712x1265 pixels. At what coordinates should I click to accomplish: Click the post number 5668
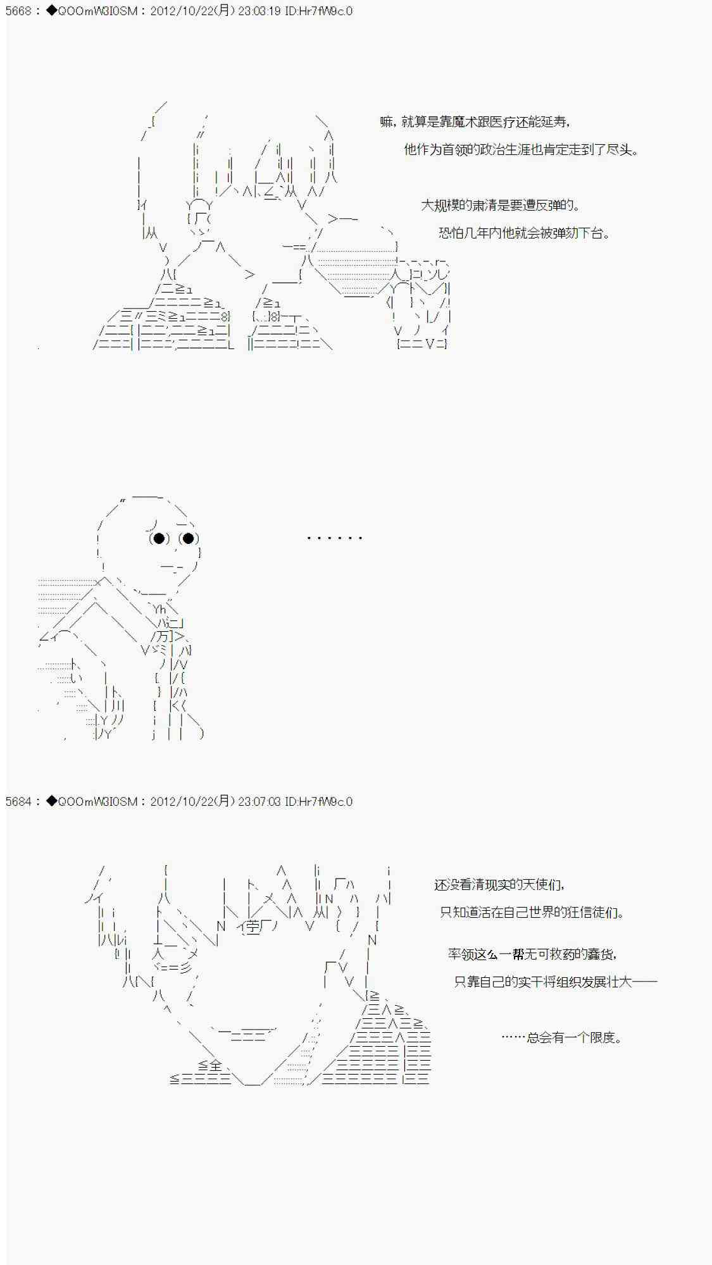click(18, 11)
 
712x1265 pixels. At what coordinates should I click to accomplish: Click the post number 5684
click(18, 802)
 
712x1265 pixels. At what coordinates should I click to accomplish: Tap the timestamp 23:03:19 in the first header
click(259, 11)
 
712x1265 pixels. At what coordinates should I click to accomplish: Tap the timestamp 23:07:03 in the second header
click(259, 802)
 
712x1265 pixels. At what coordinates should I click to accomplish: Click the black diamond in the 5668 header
click(51, 11)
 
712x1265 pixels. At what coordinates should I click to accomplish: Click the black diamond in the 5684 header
click(51, 802)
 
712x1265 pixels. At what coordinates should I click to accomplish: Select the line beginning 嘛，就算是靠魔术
click(475, 122)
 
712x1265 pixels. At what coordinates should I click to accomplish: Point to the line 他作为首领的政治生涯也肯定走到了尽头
click(522, 150)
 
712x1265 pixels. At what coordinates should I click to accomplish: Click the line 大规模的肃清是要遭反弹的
click(501, 206)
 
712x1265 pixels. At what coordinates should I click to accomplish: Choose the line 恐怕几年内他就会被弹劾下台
click(525, 233)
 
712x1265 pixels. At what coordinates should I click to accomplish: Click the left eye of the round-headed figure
click(159, 538)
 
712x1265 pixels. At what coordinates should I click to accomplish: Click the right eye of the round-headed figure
click(188, 538)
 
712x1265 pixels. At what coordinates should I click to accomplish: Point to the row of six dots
click(335, 538)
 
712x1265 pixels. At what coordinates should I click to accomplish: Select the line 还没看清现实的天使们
click(499, 885)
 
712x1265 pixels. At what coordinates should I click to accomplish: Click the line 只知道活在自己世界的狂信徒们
click(532, 913)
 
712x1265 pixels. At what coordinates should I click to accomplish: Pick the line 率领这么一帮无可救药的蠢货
click(533, 954)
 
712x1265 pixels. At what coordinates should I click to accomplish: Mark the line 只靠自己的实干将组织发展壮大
click(556, 982)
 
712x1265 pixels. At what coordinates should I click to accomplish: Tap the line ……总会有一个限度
click(561, 1038)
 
